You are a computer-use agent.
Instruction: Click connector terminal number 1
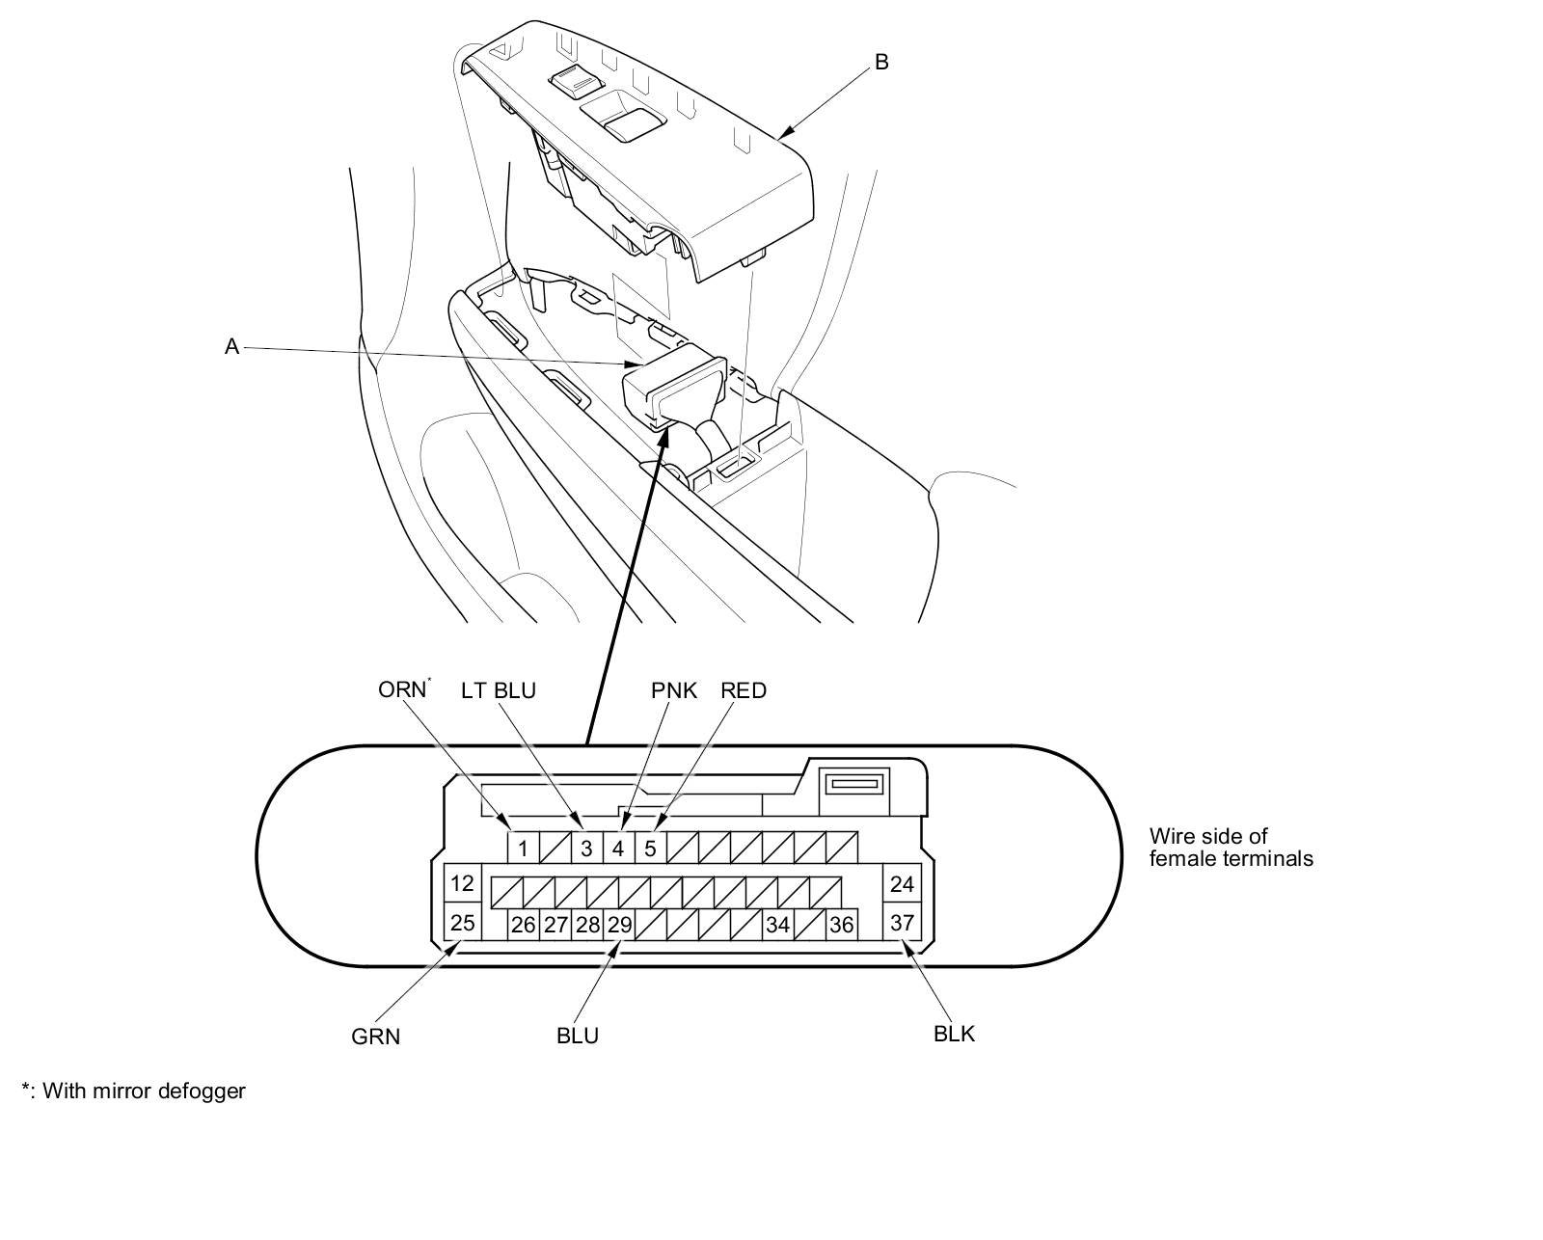pyautogui.click(x=523, y=849)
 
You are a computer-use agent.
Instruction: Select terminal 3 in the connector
pyautogui.click(x=586, y=849)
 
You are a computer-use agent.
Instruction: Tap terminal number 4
pyautogui.click(x=618, y=849)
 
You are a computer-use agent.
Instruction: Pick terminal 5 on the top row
pyautogui.click(x=650, y=849)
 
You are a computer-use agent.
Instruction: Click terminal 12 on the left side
pyautogui.click(x=463, y=883)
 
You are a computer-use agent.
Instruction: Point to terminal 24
pyautogui.click(x=902, y=883)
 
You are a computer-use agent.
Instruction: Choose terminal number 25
pyautogui.click(x=463, y=923)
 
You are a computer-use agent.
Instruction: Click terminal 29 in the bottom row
pyautogui.click(x=619, y=925)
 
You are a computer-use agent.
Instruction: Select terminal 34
pyautogui.click(x=777, y=925)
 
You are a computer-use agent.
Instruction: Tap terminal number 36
pyautogui.click(x=841, y=925)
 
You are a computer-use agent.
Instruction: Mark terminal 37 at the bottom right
pyautogui.click(x=902, y=923)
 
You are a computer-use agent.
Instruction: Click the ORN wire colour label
pyautogui.click(x=401, y=690)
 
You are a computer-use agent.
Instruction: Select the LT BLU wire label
pyautogui.click(x=498, y=690)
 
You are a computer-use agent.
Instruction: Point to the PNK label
pyautogui.click(x=674, y=690)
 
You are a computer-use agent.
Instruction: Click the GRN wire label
pyautogui.click(x=375, y=1038)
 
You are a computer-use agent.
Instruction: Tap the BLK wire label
pyautogui.click(x=954, y=1034)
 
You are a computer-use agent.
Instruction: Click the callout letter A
pyautogui.click(x=231, y=347)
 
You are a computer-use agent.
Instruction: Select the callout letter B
pyautogui.click(x=880, y=62)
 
